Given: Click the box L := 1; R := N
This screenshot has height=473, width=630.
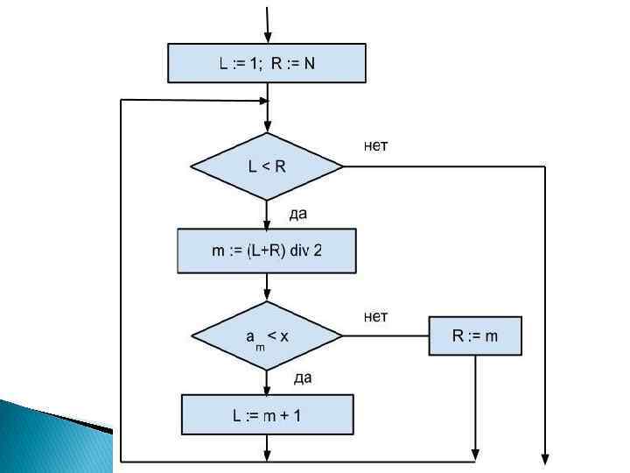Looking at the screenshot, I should point(267,63).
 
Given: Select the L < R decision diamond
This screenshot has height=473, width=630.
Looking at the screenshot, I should point(267,166).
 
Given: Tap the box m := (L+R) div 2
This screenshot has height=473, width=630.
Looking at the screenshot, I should point(267,251).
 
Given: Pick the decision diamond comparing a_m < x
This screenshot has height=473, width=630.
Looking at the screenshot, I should point(267,335).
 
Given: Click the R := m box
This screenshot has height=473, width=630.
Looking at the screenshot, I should point(475,335).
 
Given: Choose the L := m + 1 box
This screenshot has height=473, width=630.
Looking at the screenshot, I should point(267,414).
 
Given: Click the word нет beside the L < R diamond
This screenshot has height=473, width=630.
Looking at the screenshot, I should point(376,145).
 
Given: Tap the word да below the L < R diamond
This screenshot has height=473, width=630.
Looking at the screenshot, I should point(298,213).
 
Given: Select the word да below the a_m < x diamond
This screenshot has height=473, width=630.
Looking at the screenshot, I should point(303,378).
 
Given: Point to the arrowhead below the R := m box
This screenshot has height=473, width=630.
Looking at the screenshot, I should point(475,454).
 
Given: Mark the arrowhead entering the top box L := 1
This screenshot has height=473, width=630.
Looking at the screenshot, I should point(268,37).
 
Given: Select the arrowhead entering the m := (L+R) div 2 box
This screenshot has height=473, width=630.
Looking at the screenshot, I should point(268,223).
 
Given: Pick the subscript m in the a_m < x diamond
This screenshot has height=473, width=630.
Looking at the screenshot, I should point(259,345).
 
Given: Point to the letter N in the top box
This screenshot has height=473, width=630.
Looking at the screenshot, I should point(309,63).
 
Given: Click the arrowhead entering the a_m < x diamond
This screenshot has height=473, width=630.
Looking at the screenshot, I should point(268,298).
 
